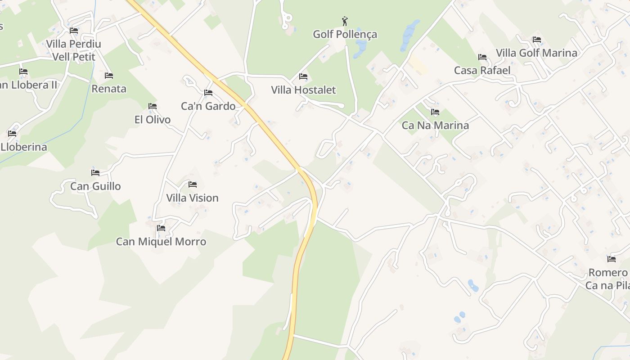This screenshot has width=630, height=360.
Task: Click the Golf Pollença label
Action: point(345,34)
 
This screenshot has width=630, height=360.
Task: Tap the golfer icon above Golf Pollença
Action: point(345,21)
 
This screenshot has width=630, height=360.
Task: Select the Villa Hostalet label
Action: point(303,90)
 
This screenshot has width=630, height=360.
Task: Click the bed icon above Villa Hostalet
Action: point(303,76)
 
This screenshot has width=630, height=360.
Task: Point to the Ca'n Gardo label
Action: point(208,106)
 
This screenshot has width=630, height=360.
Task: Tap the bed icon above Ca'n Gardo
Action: point(208,93)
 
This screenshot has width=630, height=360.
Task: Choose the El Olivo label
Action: point(153,120)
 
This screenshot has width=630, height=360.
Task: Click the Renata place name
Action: point(109,89)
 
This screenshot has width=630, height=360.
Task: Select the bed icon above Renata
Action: point(108,76)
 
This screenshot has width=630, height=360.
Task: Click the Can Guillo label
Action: point(95,186)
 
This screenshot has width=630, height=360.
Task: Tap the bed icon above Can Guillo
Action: point(95,172)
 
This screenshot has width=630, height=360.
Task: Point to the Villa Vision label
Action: point(192,198)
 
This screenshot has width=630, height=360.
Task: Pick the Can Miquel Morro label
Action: point(161,242)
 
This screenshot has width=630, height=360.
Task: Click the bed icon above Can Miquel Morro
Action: point(161,228)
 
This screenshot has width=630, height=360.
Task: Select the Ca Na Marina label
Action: point(435,126)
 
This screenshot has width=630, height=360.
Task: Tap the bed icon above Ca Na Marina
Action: point(435,112)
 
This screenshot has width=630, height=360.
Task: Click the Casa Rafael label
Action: point(482,71)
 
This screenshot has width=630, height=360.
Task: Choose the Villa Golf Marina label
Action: point(536,53)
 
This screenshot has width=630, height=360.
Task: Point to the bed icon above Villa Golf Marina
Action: point(536,40)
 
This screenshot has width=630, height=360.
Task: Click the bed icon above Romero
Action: point(611,259)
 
